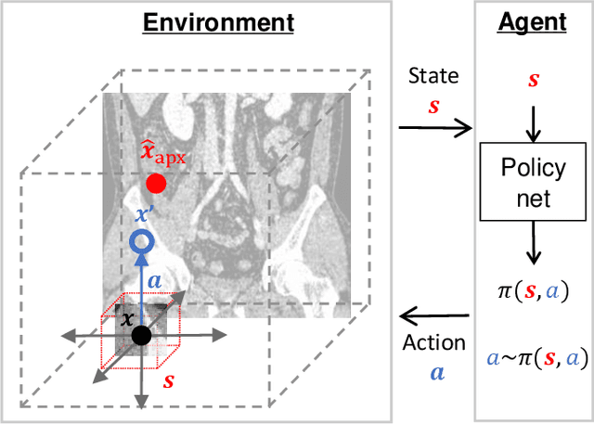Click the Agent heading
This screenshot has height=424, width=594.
533,22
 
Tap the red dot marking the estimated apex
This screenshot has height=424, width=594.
156,184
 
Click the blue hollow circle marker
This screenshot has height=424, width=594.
141,243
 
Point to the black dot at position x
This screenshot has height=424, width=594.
140,335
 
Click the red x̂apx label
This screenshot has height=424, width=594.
163,152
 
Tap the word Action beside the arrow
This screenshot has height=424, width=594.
433,342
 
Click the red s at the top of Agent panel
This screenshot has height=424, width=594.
533,80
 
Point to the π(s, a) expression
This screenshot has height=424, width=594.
533,290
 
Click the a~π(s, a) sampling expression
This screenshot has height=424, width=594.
533,357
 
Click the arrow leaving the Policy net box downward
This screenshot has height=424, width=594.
533,245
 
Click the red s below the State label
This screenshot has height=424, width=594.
433,106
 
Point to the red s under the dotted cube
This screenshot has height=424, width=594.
169,380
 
